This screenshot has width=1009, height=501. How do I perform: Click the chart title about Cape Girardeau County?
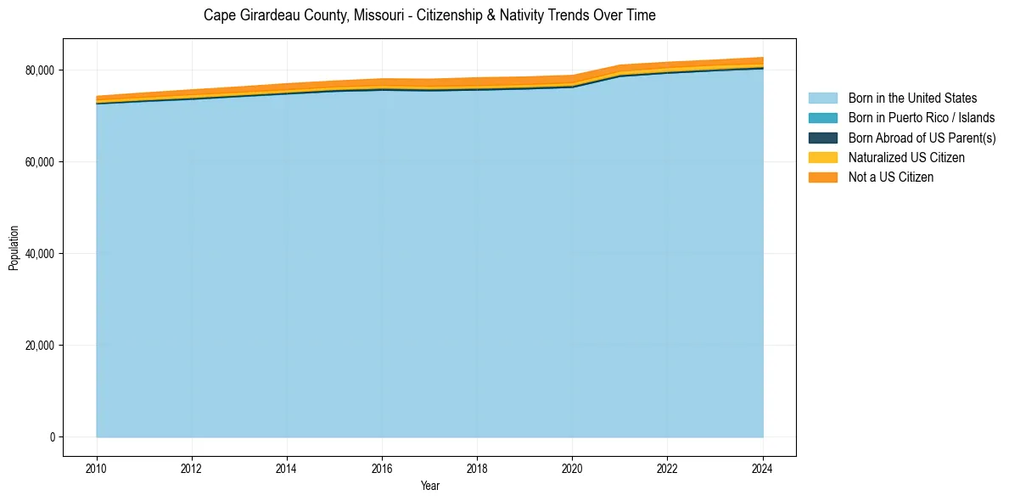[429, 15]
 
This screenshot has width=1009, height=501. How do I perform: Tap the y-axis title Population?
[14, 247]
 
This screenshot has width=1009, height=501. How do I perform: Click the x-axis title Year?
[429, 486]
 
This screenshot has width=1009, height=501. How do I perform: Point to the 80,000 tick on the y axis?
[39, 70]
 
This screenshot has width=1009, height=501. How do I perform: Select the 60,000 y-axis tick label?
[39, 161]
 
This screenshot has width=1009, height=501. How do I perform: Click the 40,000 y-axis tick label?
[39, 254]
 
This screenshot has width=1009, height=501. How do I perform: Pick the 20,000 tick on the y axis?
[39, 346]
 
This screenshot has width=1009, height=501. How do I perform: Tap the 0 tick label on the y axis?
[51, 437]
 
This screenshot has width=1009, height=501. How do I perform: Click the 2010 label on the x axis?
[97, 467]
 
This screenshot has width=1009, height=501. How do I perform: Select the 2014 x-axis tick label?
[287, 467]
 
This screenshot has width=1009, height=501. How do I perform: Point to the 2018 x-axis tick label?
[477, 467]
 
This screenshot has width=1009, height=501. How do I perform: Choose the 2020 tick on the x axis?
[572, 467]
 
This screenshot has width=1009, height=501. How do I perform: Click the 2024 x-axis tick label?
[763, 467]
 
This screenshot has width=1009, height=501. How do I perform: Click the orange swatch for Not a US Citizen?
[822, 177]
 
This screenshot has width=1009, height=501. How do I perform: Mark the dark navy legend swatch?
[822, 138]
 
